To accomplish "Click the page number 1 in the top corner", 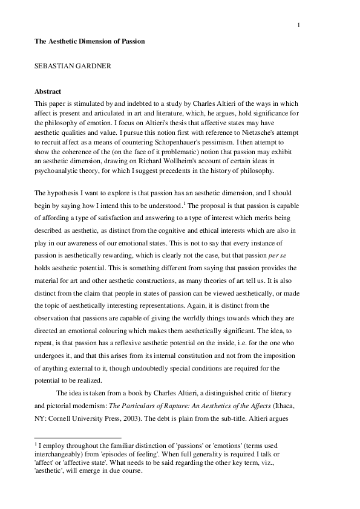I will [298, 25].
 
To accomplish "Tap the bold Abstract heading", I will [48, 92].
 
